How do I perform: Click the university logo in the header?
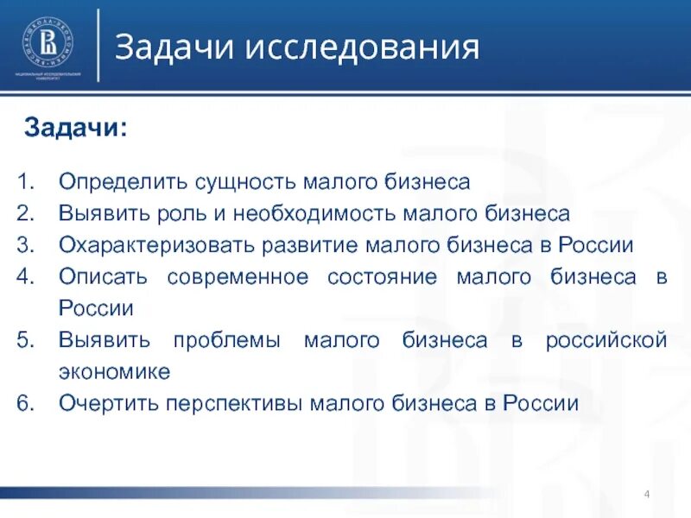[x=48, y=43]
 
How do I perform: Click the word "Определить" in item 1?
[x=116, y=182]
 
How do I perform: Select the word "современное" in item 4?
[x=238, y=276]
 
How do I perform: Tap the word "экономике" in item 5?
[x=114, y=371]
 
